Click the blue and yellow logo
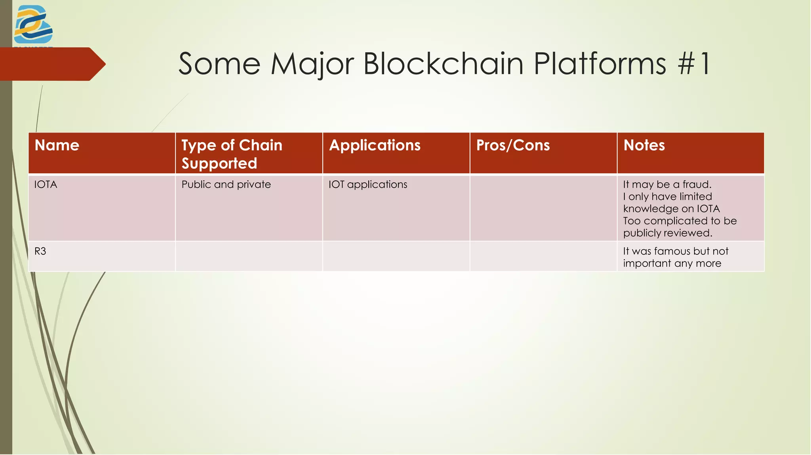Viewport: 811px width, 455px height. (33, 25)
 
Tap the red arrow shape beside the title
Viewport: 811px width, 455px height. (51, 64)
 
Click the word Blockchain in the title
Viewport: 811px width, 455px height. (444, 64)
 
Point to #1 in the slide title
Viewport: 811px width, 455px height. (694, 64)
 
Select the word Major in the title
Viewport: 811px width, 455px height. (312, 64)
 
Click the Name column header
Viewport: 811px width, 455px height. (57, 145)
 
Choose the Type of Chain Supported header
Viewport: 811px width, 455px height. (232, 154)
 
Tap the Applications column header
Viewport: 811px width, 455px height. (375, 145)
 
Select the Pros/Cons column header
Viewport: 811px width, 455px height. (513, 145)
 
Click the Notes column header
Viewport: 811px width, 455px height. (644, 145)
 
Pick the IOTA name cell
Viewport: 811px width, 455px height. (46, 184)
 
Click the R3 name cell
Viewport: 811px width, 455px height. (40, 251)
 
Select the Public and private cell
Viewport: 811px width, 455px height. (226, 184)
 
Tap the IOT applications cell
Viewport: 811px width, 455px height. (368, 184)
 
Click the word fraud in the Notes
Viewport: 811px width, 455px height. (697, 184)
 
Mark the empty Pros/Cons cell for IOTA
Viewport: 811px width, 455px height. (543, 208)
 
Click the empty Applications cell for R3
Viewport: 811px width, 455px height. (396, 256)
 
